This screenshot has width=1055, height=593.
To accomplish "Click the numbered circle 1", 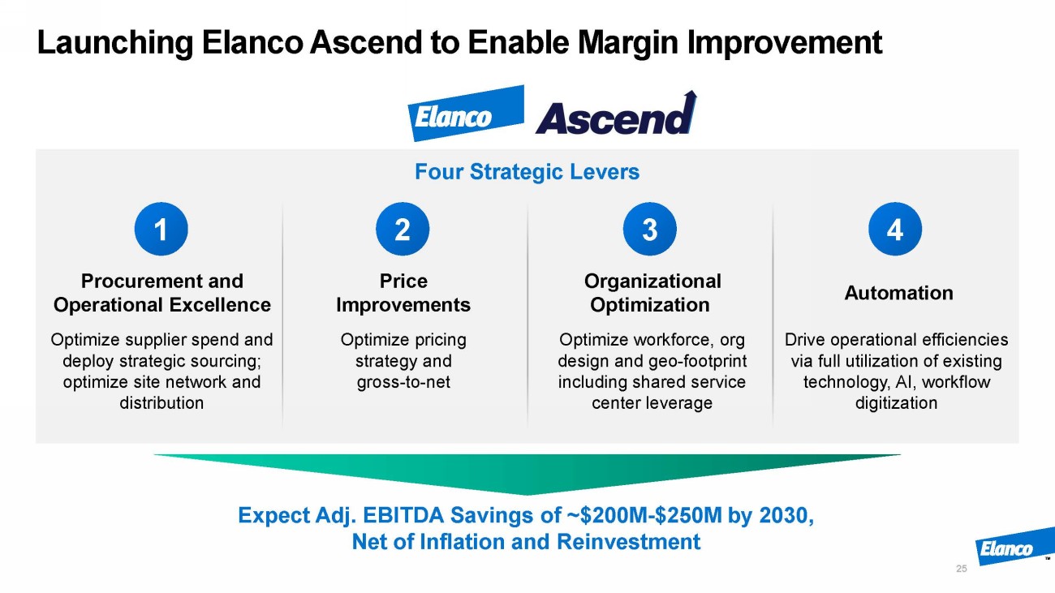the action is [161, 230].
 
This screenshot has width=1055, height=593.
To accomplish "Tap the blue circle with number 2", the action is [403, 230].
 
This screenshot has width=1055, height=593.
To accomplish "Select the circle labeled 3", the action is [649, 230].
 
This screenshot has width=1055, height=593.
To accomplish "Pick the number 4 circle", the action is [895, 230].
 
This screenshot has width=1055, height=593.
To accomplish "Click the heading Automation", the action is [898, 293].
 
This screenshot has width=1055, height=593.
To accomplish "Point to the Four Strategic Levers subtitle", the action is [527, 171].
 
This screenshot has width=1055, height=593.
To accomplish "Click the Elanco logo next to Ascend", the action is [466, 114].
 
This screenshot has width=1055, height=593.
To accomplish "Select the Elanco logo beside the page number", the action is [1014, 547].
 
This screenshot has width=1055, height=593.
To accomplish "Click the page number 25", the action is [962, 569].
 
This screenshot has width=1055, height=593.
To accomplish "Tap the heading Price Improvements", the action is [403, 293].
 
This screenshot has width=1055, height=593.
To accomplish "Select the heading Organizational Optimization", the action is [652, 293].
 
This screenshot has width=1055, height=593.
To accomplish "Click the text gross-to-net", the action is [403, 382].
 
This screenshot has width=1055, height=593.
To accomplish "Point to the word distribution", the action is [161, 403].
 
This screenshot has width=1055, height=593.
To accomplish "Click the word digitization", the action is [896, 403].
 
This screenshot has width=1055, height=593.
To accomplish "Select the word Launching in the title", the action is [115, 43].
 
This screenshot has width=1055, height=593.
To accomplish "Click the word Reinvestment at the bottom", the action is [629, 542].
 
